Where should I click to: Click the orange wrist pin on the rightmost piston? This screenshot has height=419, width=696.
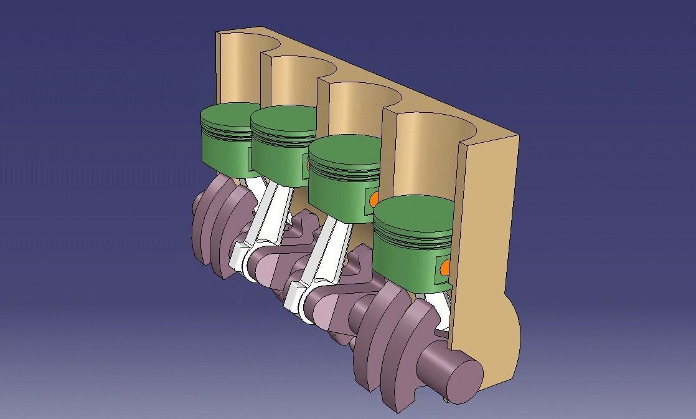click(x=446, y=268)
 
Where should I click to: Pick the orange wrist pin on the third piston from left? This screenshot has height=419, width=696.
click(x=374, y=200)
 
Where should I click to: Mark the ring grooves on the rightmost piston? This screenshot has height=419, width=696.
click(x=413, y=237)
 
